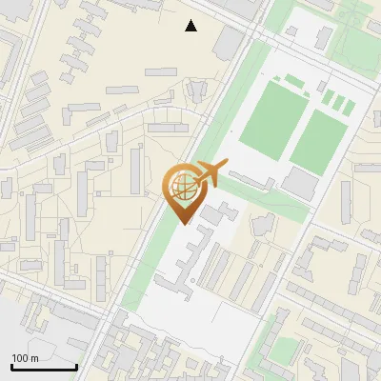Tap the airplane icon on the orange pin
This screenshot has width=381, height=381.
[x=211, y=174]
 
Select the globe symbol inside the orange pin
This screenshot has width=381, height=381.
[x=180, y=186]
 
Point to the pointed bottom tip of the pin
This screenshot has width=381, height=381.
[x=183, y=224]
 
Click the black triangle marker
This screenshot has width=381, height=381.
[x=191, y=26]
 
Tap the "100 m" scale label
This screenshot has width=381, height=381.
[x=25, y=358]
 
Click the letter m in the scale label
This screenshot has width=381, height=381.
[x=34, y=358]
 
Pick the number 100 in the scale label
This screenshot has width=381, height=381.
[x=20, y=358]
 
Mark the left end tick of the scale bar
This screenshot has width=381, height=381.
[x=11, y=366]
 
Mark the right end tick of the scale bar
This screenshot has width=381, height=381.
[x=76, y=366]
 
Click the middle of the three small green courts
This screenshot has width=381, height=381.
[x=338, y=101]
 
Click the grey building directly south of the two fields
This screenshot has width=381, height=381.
[x=300, y=184]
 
